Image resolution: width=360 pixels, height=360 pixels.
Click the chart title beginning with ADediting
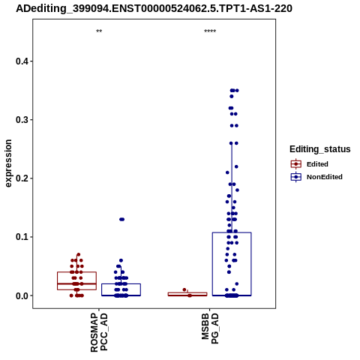(154, 8)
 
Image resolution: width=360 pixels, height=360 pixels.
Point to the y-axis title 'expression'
(8, 163)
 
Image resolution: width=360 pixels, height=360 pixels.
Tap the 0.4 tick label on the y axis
(22, 61)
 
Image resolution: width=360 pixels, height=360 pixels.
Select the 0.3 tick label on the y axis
(22, 120)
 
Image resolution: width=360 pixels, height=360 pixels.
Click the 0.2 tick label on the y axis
(22, 178)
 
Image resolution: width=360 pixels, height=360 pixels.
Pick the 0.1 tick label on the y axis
(22, 237)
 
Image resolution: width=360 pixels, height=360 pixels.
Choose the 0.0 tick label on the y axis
(22, 295)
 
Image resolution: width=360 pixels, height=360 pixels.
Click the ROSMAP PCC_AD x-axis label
(99, 332)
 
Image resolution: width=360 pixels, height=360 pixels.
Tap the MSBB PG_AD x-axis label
(210, 328)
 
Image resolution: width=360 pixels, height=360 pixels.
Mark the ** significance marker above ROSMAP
(99, 31)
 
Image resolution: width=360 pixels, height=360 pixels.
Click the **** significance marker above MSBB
(210, 31)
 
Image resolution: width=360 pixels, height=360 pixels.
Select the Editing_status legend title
(320, 149)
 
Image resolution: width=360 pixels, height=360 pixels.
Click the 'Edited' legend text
(317, 164)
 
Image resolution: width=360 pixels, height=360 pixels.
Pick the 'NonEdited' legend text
(325, 177)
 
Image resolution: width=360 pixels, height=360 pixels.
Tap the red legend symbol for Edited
(296, 164)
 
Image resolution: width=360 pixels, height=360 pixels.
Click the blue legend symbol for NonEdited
(296, 177)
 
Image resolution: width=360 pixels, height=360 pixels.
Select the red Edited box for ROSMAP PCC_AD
(76, 272)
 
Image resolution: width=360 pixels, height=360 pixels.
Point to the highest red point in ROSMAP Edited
(78, 254)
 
